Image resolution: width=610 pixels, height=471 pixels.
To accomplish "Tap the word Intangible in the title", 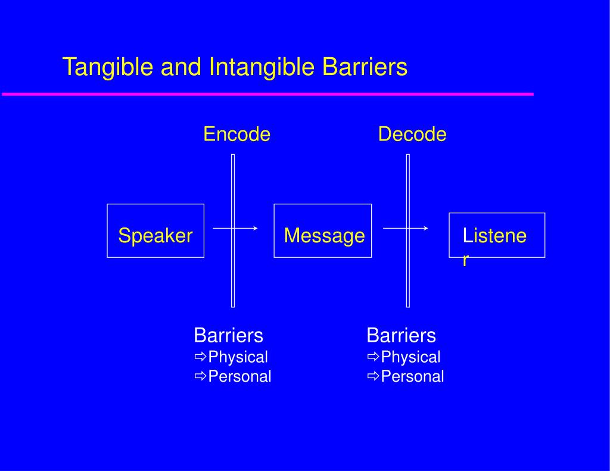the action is [262, 67].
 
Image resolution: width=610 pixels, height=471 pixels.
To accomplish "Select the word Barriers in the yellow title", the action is [365, 67].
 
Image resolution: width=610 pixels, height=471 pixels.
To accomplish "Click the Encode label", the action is [236, 134].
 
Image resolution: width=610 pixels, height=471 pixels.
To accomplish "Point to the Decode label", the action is [412, 134].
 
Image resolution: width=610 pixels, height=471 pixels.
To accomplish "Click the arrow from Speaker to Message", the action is [235, 228].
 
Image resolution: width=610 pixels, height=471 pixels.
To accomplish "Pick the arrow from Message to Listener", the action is [405, 228].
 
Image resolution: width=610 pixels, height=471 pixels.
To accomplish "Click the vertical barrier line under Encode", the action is [233, 230].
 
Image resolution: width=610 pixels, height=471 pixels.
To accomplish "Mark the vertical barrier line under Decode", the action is [408, 230].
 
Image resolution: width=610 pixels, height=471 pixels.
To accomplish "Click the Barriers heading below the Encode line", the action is [228, 335].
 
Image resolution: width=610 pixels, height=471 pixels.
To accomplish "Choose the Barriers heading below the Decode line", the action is [401, 335].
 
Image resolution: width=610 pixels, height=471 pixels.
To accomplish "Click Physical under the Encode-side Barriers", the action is [238, 357].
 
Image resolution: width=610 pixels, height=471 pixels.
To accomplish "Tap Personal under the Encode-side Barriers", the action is [239, 376].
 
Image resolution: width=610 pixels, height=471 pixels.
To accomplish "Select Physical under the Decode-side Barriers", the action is [410, 357].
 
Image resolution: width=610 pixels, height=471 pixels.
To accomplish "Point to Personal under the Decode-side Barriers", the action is [412, 376].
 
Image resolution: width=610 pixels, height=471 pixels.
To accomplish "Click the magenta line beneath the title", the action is [267, 94].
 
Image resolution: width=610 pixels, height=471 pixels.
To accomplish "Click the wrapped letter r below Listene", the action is [465, 260].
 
